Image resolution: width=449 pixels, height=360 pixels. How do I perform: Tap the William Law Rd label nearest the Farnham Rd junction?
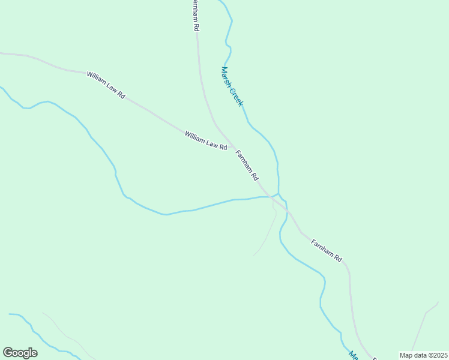pyautogui.click(x=205, y=140)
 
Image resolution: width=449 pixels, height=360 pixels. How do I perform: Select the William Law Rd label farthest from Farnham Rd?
pyautogui.click(x=106, y=85)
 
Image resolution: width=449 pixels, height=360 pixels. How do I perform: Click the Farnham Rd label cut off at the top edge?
pyautogui.click(x=196, y=15)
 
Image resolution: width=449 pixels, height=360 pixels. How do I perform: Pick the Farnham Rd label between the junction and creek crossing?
pyautogui.click(x=247, y=165)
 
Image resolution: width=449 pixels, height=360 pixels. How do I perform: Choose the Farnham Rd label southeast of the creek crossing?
pyautogui.click(x=327, y=250)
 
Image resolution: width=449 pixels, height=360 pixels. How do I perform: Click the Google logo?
pyautogui.click(x=20, y=353)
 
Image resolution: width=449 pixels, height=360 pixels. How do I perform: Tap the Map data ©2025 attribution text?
pyautogui.click(x=424, y=355)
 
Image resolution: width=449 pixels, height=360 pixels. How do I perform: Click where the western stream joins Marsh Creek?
pyautogui.click(x=271, y=197)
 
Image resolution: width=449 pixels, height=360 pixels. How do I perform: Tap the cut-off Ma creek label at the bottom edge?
pyautogui.click(x=354, y=355)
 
